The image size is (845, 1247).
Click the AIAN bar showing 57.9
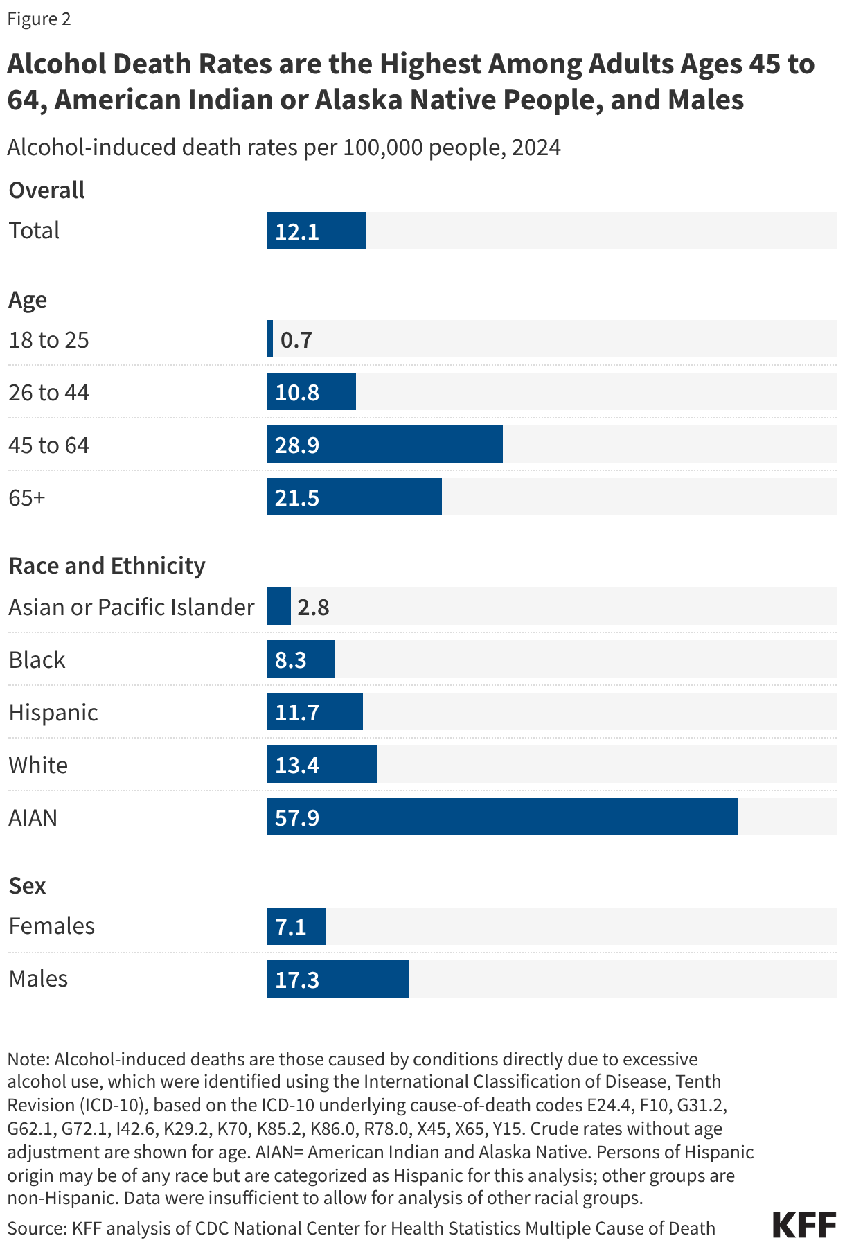click(502, 817)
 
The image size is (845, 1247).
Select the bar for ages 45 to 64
click(384, 444)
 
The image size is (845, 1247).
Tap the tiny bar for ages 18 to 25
click(270, 339)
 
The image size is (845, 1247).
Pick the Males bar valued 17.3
click(338, 979)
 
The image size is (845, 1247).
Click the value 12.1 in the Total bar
click(297, 231)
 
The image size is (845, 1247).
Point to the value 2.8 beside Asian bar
click(313, 608)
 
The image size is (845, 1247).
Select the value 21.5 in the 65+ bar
click(297, 498)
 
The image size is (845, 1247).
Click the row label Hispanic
click(53, 712)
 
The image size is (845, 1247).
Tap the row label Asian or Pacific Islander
click(132, 607)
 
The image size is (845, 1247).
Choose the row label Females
click(52, 926)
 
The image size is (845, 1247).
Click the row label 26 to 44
click(49, 393)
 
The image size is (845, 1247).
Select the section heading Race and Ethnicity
click(107, 566)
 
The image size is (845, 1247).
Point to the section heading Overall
click(47, 190)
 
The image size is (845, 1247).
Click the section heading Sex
click(28, 885)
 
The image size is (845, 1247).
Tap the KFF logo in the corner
click(804, 1225)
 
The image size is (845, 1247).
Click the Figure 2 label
click(39, 19)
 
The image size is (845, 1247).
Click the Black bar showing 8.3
click(301, 659)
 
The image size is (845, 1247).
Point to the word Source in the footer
click(36, 1228)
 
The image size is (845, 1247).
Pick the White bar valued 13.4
click(322, 764)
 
